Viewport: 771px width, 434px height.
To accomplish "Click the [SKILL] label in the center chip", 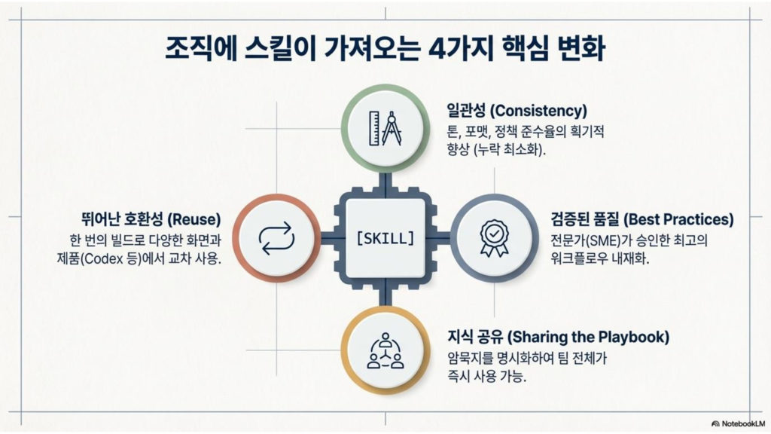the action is click(x=385, y=239).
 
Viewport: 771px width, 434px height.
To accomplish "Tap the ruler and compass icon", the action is click(x=385, y=128).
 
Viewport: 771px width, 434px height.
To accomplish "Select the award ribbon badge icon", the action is click(x=494, y=238).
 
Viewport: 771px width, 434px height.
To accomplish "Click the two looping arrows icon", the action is click(x=276, y=238).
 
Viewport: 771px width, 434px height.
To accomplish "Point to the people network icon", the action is click(x=385, y=350).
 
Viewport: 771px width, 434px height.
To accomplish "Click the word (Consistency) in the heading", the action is click(x=538, y=110).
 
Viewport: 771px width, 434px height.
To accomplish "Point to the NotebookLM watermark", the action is click(x=739, y=423).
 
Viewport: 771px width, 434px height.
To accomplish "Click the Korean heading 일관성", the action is click(x=466, y=110).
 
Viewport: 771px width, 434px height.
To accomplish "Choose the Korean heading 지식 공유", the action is click(x=475, y=337).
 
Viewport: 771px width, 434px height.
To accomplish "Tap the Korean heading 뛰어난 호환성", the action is click(x=123, y=219).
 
